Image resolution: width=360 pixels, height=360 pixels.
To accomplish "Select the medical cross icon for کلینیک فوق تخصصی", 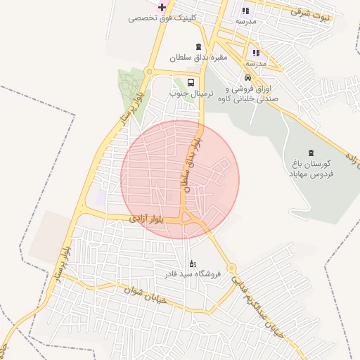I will click(x=162, y=7).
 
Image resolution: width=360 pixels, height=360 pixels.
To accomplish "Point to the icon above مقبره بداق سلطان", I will click(x=198, y=46).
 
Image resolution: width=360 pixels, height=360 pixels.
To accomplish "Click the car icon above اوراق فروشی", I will click(x=247, y=78).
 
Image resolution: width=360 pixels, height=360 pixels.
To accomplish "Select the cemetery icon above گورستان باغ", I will click(x=311, y=153).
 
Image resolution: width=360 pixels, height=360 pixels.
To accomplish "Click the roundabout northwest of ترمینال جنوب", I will click(x=148, y=71).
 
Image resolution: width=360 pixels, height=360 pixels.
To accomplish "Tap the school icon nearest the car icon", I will click(x=256, y=53).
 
